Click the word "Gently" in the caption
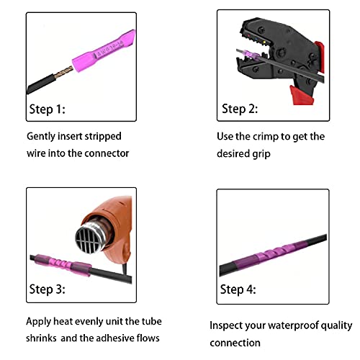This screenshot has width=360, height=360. tap(42, 135)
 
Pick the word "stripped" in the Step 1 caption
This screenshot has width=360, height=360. tap(103, 135)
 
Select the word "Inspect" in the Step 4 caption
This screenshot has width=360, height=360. tap(227, 325)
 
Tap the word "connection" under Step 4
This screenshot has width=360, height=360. tap(235, 343)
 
